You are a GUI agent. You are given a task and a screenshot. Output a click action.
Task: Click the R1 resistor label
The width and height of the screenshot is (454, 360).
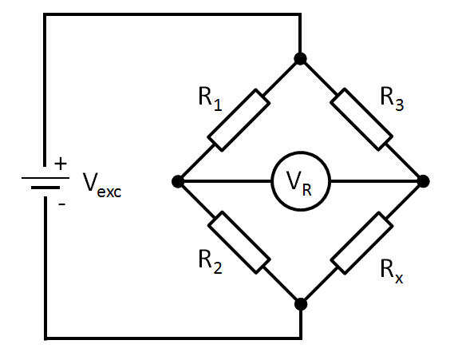(x=211, y=99)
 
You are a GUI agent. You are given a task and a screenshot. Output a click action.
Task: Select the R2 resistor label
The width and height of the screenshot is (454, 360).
(x=211, y=262)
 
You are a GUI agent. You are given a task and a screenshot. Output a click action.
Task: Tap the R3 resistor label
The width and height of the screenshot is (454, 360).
(x=392, y=99)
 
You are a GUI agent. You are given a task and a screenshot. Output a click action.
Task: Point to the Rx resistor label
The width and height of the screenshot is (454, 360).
(x=392, y=271)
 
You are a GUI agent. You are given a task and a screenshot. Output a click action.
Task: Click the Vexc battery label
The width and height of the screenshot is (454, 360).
(x=102, y=185)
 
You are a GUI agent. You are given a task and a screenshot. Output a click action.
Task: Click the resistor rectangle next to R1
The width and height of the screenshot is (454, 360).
(x=239, y=120)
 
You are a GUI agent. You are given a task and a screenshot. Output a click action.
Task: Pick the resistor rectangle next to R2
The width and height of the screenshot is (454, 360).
(x=239, y=243)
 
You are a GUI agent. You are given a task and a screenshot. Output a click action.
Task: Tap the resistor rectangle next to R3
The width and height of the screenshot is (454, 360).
(x=361, y=120)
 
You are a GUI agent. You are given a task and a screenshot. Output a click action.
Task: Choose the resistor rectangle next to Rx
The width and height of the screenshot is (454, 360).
(x=362, y=243)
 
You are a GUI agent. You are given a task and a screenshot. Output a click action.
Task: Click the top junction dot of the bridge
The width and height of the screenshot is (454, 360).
(x=300, y=58)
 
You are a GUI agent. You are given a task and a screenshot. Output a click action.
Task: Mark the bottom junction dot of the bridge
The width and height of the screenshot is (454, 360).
(x=301, y=304)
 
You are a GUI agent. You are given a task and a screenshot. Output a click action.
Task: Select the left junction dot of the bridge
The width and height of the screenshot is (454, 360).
(x=178, y=181)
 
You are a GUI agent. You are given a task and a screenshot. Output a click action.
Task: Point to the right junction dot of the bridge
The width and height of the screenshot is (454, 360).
(x=424, y=181)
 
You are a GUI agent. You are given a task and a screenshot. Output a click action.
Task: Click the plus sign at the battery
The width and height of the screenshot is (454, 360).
(x=61, y=164)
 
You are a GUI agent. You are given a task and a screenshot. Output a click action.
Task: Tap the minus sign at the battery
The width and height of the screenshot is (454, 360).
(x=62, y=204)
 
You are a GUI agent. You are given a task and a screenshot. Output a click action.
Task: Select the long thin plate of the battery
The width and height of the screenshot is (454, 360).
(x=45, y=178)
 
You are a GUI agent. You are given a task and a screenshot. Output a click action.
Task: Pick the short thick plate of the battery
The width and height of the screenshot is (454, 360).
(x=45, y=188)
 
